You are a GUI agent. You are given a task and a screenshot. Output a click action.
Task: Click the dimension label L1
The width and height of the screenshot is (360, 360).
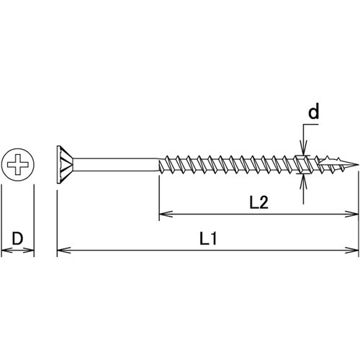point(209,238)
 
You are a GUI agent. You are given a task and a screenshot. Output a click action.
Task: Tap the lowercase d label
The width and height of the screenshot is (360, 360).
point(314,113)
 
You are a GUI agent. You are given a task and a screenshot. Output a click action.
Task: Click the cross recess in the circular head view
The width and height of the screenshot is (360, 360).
point(17,166)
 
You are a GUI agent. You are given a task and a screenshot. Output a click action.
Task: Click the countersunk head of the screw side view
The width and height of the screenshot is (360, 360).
point(65,166)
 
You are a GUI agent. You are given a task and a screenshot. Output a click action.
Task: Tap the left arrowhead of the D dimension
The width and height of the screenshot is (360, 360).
point(5,251)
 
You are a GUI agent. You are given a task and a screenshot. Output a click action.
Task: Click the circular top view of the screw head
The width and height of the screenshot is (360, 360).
point(17,166)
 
